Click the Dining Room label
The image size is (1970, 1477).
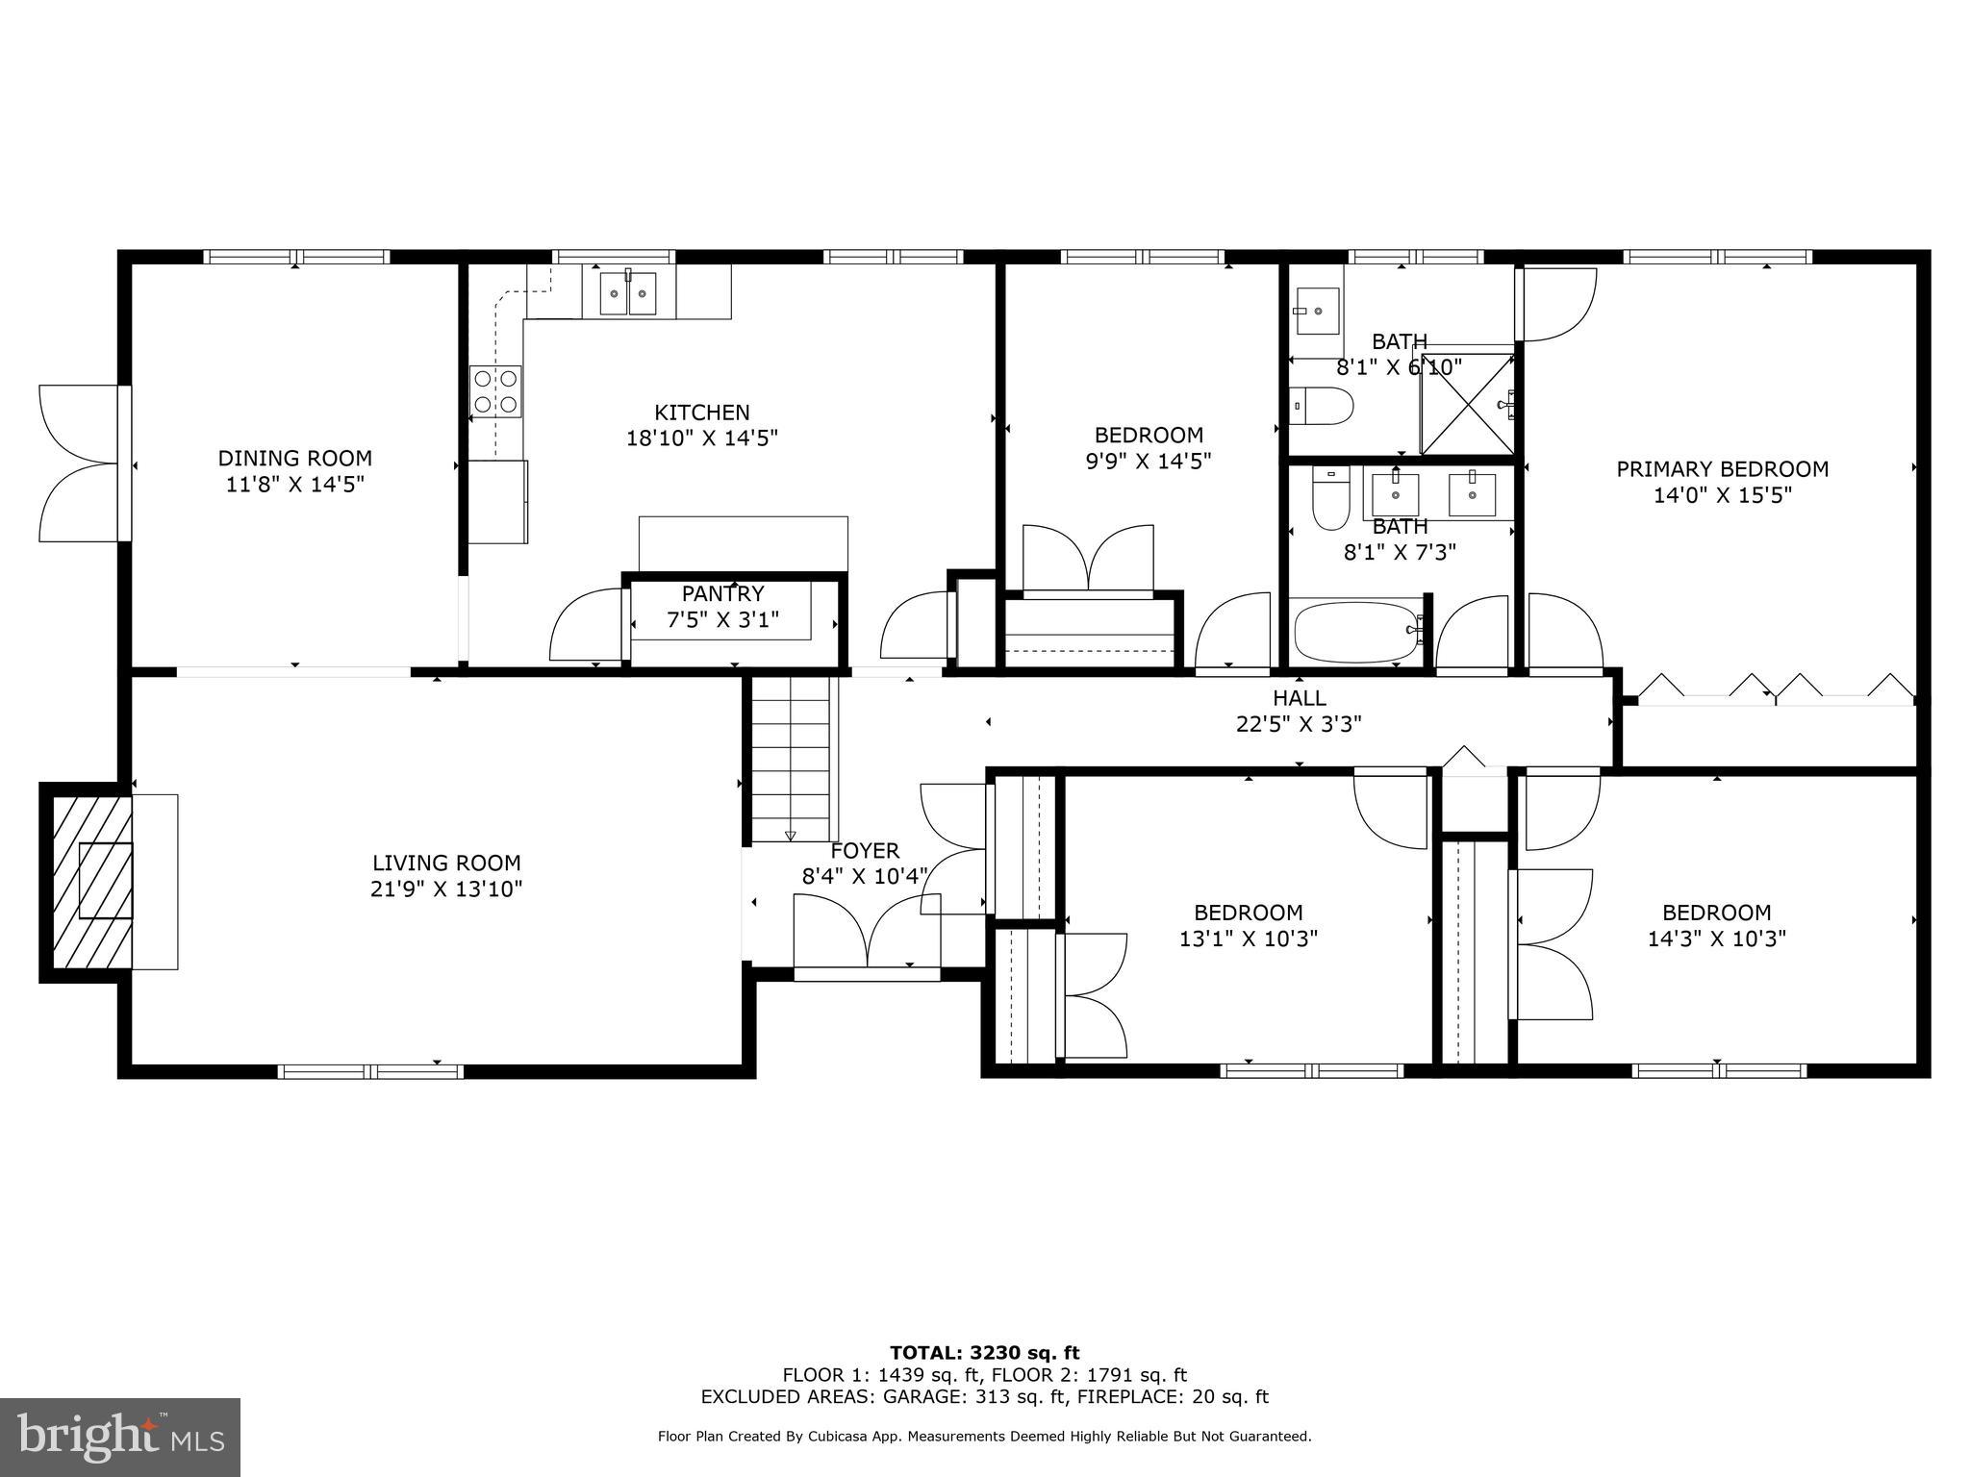click(294, 459)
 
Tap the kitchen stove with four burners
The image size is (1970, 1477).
click(495, 391)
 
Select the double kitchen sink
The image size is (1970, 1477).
click(628, 293)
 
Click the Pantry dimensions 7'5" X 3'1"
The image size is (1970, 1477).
click(722, 620)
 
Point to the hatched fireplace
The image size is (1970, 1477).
click(91, 882)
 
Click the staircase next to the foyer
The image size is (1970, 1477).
click(790, 758)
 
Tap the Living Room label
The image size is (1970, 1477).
click(446, 864)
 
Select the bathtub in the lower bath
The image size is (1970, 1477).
click(1356, 631)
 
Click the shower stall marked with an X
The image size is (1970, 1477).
click(1466, 404)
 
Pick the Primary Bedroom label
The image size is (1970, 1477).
click(1721, 469)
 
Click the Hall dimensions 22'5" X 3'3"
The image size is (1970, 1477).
click(1299, 724)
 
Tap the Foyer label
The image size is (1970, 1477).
click(865, 851)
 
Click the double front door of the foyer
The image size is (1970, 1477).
click(867, 931)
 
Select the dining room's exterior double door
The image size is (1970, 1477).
click(82, 463)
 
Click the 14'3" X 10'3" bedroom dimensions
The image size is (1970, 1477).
click(1716, 939)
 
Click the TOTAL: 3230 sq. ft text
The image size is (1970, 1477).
click(984, 1353)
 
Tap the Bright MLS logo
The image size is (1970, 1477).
click(120, 1437)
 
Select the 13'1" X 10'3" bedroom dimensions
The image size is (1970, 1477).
click(1248, 939)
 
